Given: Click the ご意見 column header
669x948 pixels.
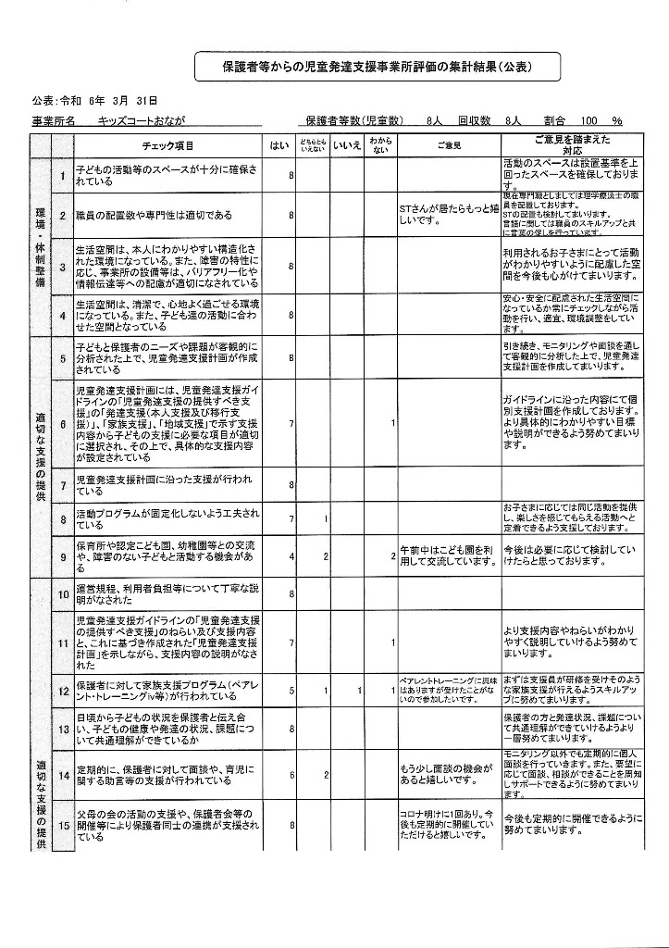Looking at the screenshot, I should tap(449, 146).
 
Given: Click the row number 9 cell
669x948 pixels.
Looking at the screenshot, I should tap(62, 557).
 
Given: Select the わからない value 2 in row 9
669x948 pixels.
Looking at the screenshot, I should tap(393, 557).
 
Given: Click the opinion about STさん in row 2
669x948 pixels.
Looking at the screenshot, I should tap(449, 215).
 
